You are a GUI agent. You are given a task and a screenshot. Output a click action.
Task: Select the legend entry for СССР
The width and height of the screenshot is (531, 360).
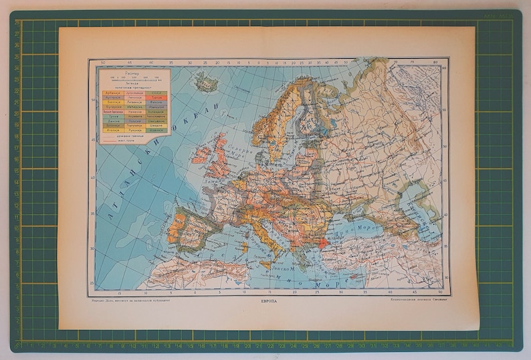(x=156, y=94)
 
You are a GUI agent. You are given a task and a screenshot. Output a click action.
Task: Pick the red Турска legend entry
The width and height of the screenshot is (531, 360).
(x=156, y=99)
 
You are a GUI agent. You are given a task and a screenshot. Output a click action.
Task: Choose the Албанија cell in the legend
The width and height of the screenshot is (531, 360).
(x=110, y=94)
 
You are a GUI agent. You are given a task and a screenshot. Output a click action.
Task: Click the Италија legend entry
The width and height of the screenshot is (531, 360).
(x=110, y=130)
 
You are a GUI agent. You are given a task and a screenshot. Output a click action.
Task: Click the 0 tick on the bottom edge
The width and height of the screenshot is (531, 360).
(x=195, y=292)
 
